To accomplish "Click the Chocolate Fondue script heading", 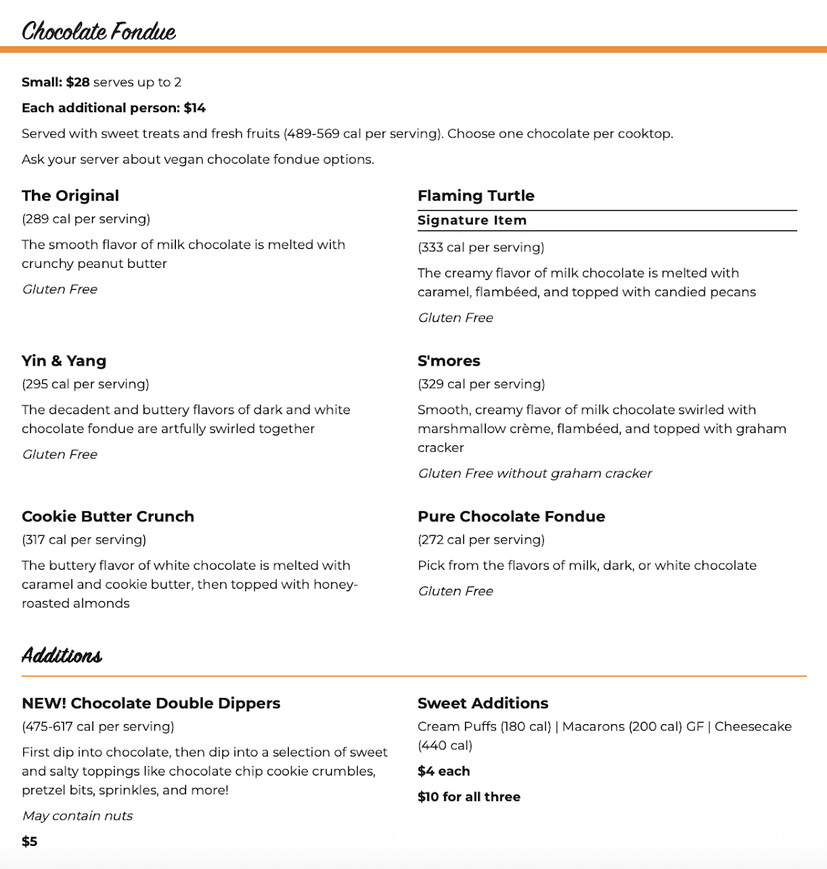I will click(x=98, y=31).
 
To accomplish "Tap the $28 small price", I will click(x=77, y=82).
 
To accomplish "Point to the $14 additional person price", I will click(x=195, y=108).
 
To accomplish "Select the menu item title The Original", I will click(x=70, y=196).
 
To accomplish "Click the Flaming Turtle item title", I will click(x=476, y=196).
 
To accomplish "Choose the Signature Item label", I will click(x=472, y=220).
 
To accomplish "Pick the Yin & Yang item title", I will click(x=64, y=361).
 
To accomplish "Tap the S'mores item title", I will click(x=449, y=361).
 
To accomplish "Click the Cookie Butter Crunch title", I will click(x=108, y=516).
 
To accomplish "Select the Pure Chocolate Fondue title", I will click(x=511, y=516).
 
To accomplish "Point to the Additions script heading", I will click(x=62, y=655).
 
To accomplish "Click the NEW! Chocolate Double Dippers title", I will click(x=151, y=703).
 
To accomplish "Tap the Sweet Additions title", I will click(x=483, y=703).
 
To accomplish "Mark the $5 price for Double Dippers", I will click(x=30, y=841).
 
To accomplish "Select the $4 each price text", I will click(x=444, y=771).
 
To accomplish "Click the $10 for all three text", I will click(x=469, y=797).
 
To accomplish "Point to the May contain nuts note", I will click(x=77, y=815).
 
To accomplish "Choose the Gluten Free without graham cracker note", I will click(x=535, y=473).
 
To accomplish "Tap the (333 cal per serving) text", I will click(x=481, y=247).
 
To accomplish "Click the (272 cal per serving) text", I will click(x=481, y=540).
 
